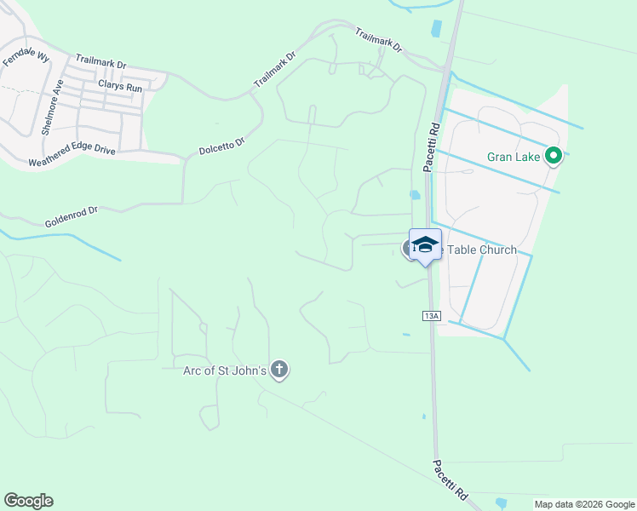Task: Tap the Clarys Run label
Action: click(120, 86)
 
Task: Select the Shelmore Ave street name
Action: click(52, 107)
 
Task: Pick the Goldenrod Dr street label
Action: click(72, 216)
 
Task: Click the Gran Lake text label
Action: click(514, 156)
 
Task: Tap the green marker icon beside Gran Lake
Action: click(553, 156)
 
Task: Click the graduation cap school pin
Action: click(425, 245)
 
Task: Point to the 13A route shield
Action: click(432, 316)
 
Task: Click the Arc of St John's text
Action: click(225, 370)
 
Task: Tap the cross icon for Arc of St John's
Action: click(279, 370)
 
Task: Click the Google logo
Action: click(29, 501)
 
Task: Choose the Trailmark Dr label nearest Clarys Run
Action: click(100, 61)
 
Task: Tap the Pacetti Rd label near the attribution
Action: click(450, 480)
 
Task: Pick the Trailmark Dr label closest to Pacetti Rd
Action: click(378, 41)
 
